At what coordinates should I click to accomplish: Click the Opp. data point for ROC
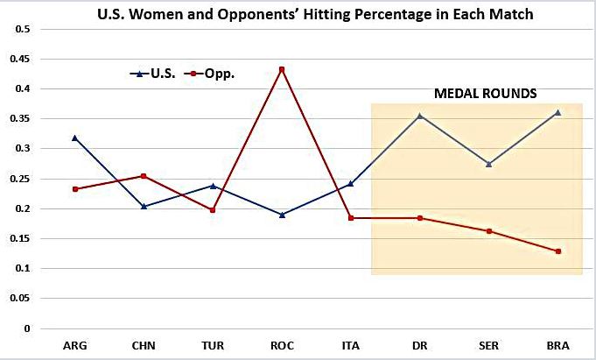coord(282,69)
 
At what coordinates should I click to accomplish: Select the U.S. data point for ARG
coord(75,138)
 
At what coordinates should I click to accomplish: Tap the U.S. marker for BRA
coord(557,112)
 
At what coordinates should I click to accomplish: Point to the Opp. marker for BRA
coord(557,251)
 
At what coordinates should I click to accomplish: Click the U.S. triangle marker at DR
coord(420,116)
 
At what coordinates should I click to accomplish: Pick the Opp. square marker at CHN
coord(144,176)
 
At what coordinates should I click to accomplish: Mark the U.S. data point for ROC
coord(282,215)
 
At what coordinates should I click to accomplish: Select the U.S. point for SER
coord(488,164)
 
